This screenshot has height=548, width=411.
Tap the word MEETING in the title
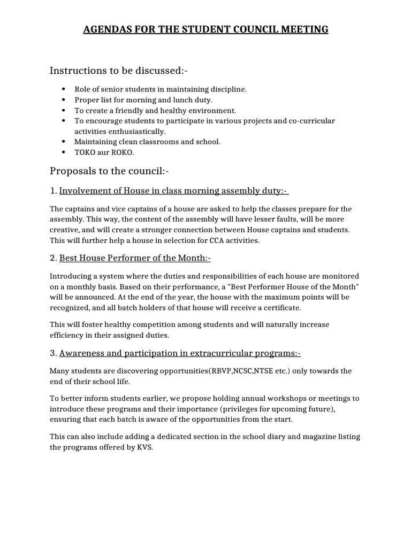coord(304,29)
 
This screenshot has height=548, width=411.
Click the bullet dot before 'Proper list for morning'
coord(64,100)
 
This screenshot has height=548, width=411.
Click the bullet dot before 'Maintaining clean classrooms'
coord(64,142)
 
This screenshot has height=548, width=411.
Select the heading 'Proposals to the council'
coord(109,171)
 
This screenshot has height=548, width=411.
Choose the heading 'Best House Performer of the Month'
coord(135,258)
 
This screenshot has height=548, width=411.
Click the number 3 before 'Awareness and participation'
coord(53,353)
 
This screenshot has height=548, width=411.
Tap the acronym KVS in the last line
coord(144,447)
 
